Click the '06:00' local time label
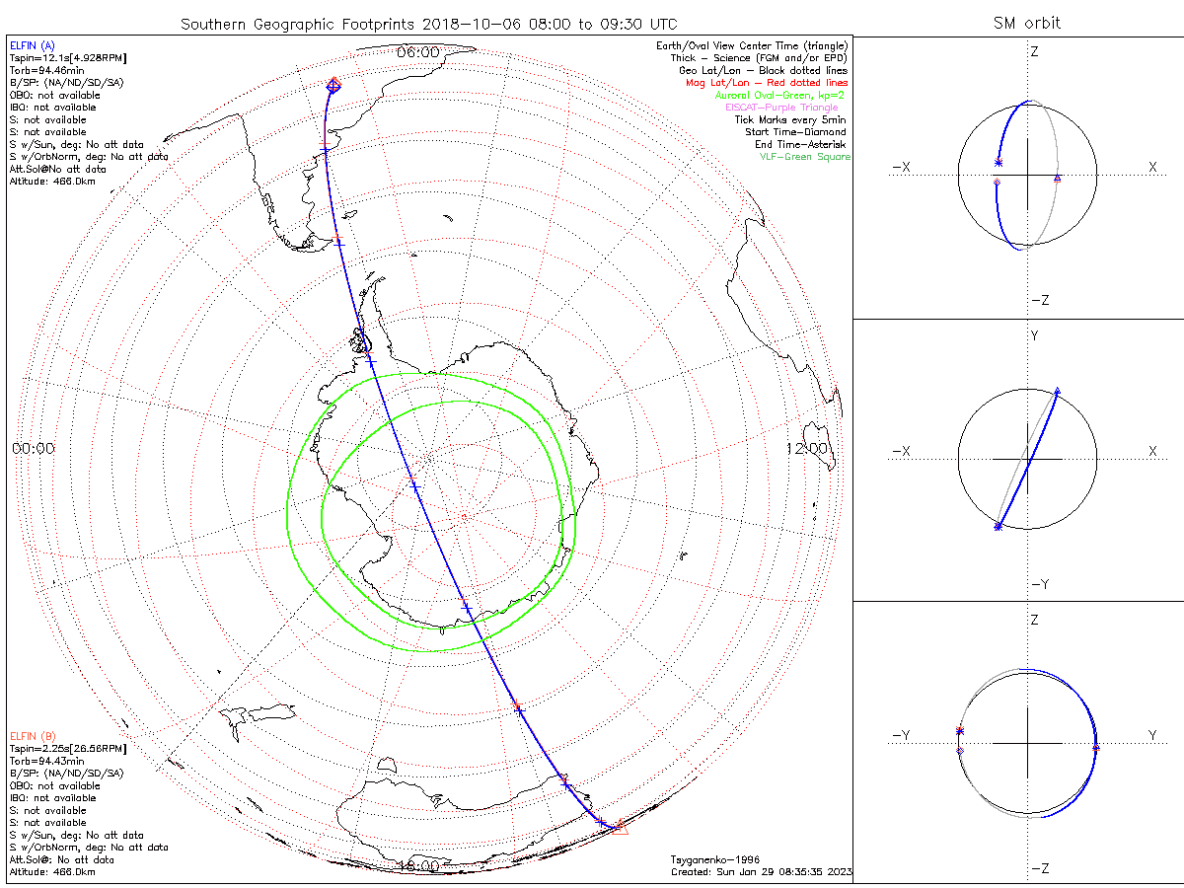(419, 51)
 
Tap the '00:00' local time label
(34, 448)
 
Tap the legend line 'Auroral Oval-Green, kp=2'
(781, 95)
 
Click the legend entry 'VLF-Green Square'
(804, 157)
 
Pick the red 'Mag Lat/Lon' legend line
(767, 83)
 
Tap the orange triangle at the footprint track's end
(620, 828)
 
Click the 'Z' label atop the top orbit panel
(1034, 51)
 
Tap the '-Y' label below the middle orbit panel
(1039, 584)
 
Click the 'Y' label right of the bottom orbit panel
(1151, 735)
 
